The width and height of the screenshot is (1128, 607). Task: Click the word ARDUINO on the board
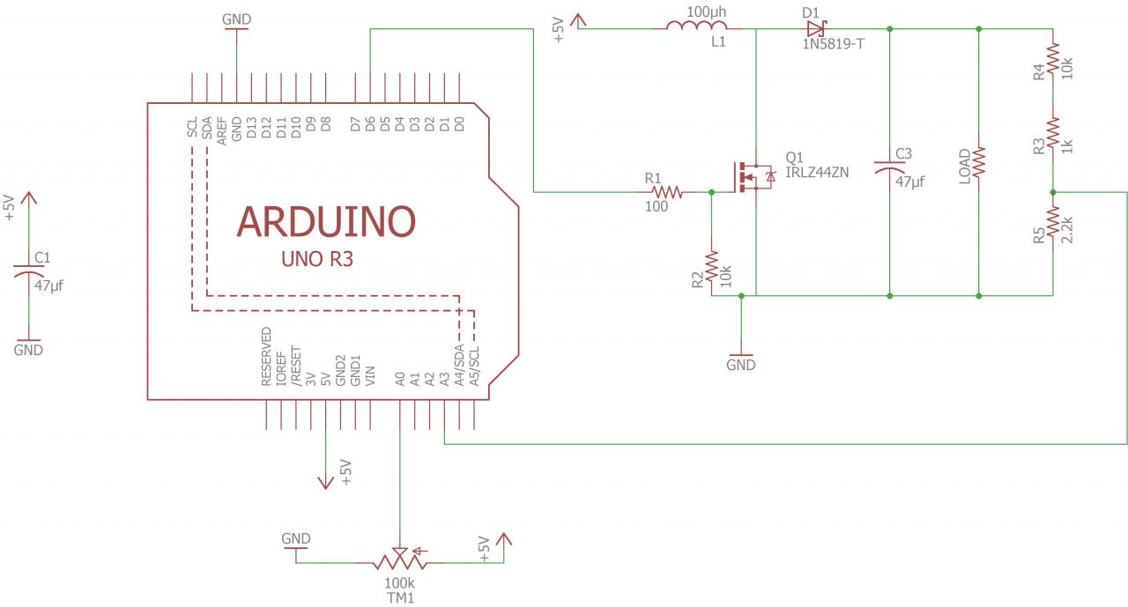click(326, 222)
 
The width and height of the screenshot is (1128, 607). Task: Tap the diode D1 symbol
click(815, 28)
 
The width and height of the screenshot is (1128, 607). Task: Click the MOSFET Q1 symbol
click(751, 176)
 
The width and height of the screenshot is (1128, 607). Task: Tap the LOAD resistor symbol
click(979, 163)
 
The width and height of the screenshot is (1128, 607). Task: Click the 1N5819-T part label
click(834, 43)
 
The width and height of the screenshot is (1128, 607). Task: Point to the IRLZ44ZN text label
click(817, 173)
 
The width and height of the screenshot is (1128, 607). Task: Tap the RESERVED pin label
click(266, 357)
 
